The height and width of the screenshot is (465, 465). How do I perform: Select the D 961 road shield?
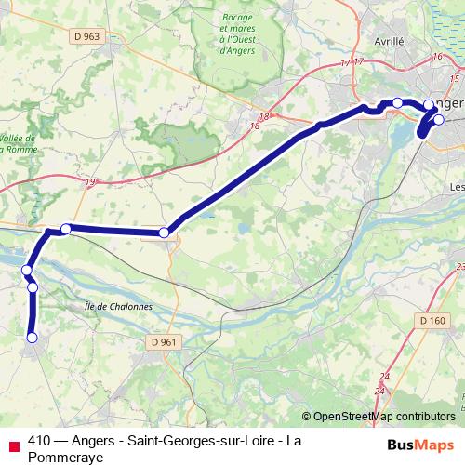click(x=164, y=341)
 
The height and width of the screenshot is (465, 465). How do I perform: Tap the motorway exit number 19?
click(x=90, y=182)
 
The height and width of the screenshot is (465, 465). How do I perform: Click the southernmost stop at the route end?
click(x=32, y=338)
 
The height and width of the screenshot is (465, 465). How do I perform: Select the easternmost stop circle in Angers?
click(x=439, y=119)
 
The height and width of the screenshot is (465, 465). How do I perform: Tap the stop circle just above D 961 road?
click(x=164, y=232)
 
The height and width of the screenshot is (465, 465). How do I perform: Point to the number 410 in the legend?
click(x=41, y=439)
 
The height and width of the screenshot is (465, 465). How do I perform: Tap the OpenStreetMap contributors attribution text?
click(x=383, y=417)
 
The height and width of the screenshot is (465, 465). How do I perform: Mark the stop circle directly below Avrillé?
click(x=397, y=102)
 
